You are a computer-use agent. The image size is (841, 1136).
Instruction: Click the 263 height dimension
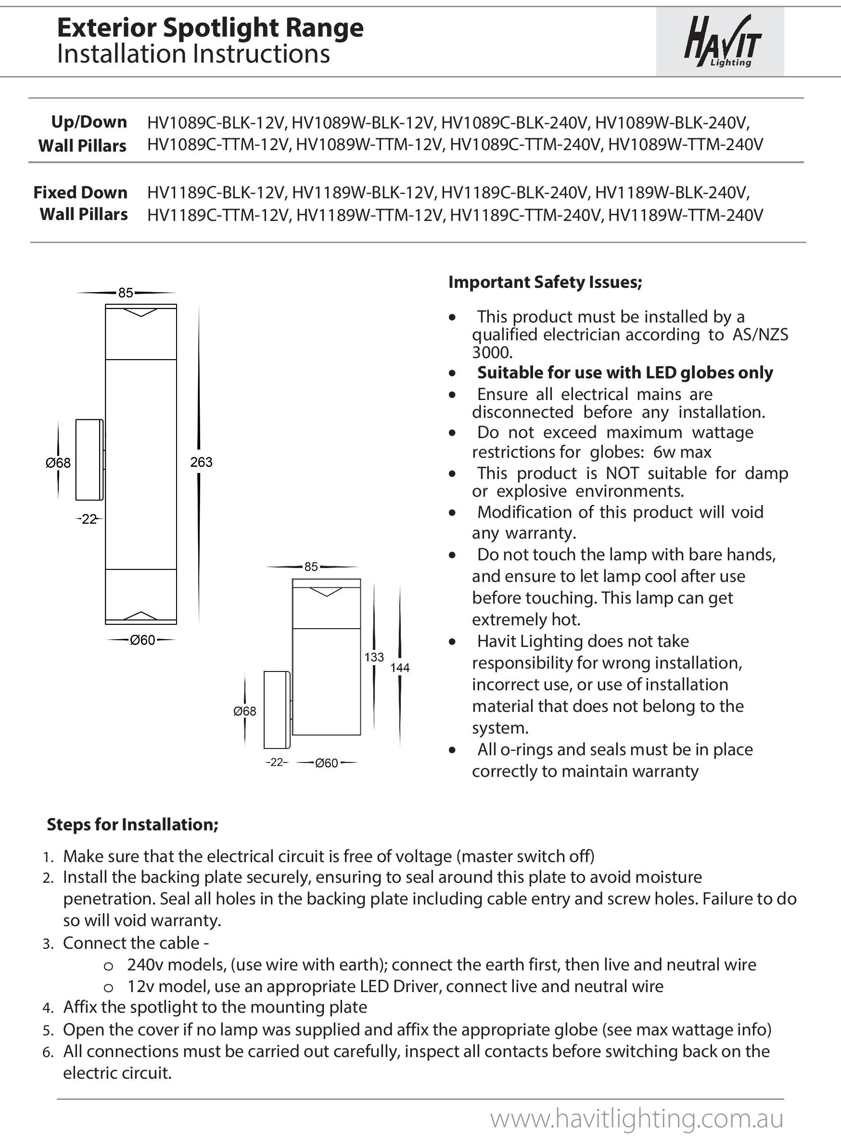[x=201, y=462]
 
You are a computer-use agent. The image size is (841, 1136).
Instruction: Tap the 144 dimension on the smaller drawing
[x=400, y=668]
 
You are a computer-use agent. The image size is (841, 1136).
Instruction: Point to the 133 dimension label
[x=374, y=657]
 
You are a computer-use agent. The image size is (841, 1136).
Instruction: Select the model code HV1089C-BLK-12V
[x=217, y=123]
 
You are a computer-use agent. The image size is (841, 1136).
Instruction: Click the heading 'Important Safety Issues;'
[x=545, y=282]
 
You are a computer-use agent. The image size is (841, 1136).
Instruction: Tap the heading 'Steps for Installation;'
[x=132, y=825]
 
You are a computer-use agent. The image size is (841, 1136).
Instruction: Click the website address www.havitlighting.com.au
[x=637, y=1118]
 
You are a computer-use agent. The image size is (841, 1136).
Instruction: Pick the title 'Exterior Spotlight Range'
[x=210, y=28]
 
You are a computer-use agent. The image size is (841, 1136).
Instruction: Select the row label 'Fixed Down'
[x=80, y=193]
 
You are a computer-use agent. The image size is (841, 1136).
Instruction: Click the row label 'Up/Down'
[x=89, y=122]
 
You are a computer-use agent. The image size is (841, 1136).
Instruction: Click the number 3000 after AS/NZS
[x=492, y=352]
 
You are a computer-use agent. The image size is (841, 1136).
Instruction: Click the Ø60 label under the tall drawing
[x=142, y=640]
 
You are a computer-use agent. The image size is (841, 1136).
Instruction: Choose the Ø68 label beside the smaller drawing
[x=245, y=711]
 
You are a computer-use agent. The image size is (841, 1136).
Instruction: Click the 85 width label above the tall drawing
[x=126, y=293]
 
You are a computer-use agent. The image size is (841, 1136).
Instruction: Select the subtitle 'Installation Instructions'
[x=193, y=54]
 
